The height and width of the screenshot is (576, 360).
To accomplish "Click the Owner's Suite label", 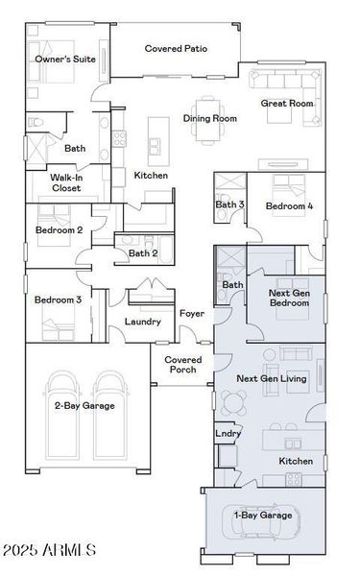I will tap(65, 60).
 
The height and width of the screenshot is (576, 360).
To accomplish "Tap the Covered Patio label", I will tap(178, 48).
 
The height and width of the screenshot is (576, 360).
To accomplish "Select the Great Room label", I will tap(287, 104).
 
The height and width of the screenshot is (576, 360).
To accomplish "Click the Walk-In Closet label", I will tap(79, 182).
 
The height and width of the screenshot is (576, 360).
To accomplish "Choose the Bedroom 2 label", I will tap(59, 230).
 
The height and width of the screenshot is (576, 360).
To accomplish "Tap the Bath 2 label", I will tap(143, 253).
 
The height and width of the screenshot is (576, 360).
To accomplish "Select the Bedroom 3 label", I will tap(58, 300).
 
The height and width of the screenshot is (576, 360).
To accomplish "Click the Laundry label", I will tap(142, 322).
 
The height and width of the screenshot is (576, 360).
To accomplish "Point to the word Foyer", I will tap(191, 314).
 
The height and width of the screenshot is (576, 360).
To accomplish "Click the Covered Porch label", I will tap(183, 364).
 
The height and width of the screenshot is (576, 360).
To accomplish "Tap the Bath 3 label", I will tap(229, 205).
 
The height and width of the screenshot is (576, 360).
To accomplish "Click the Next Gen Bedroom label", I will tap(289, 298).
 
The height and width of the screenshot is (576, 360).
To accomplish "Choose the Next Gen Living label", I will tap(271, 379).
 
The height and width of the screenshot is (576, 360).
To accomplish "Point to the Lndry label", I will tap(227, 435).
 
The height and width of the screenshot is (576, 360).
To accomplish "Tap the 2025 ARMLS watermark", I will tap(50, 550).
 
